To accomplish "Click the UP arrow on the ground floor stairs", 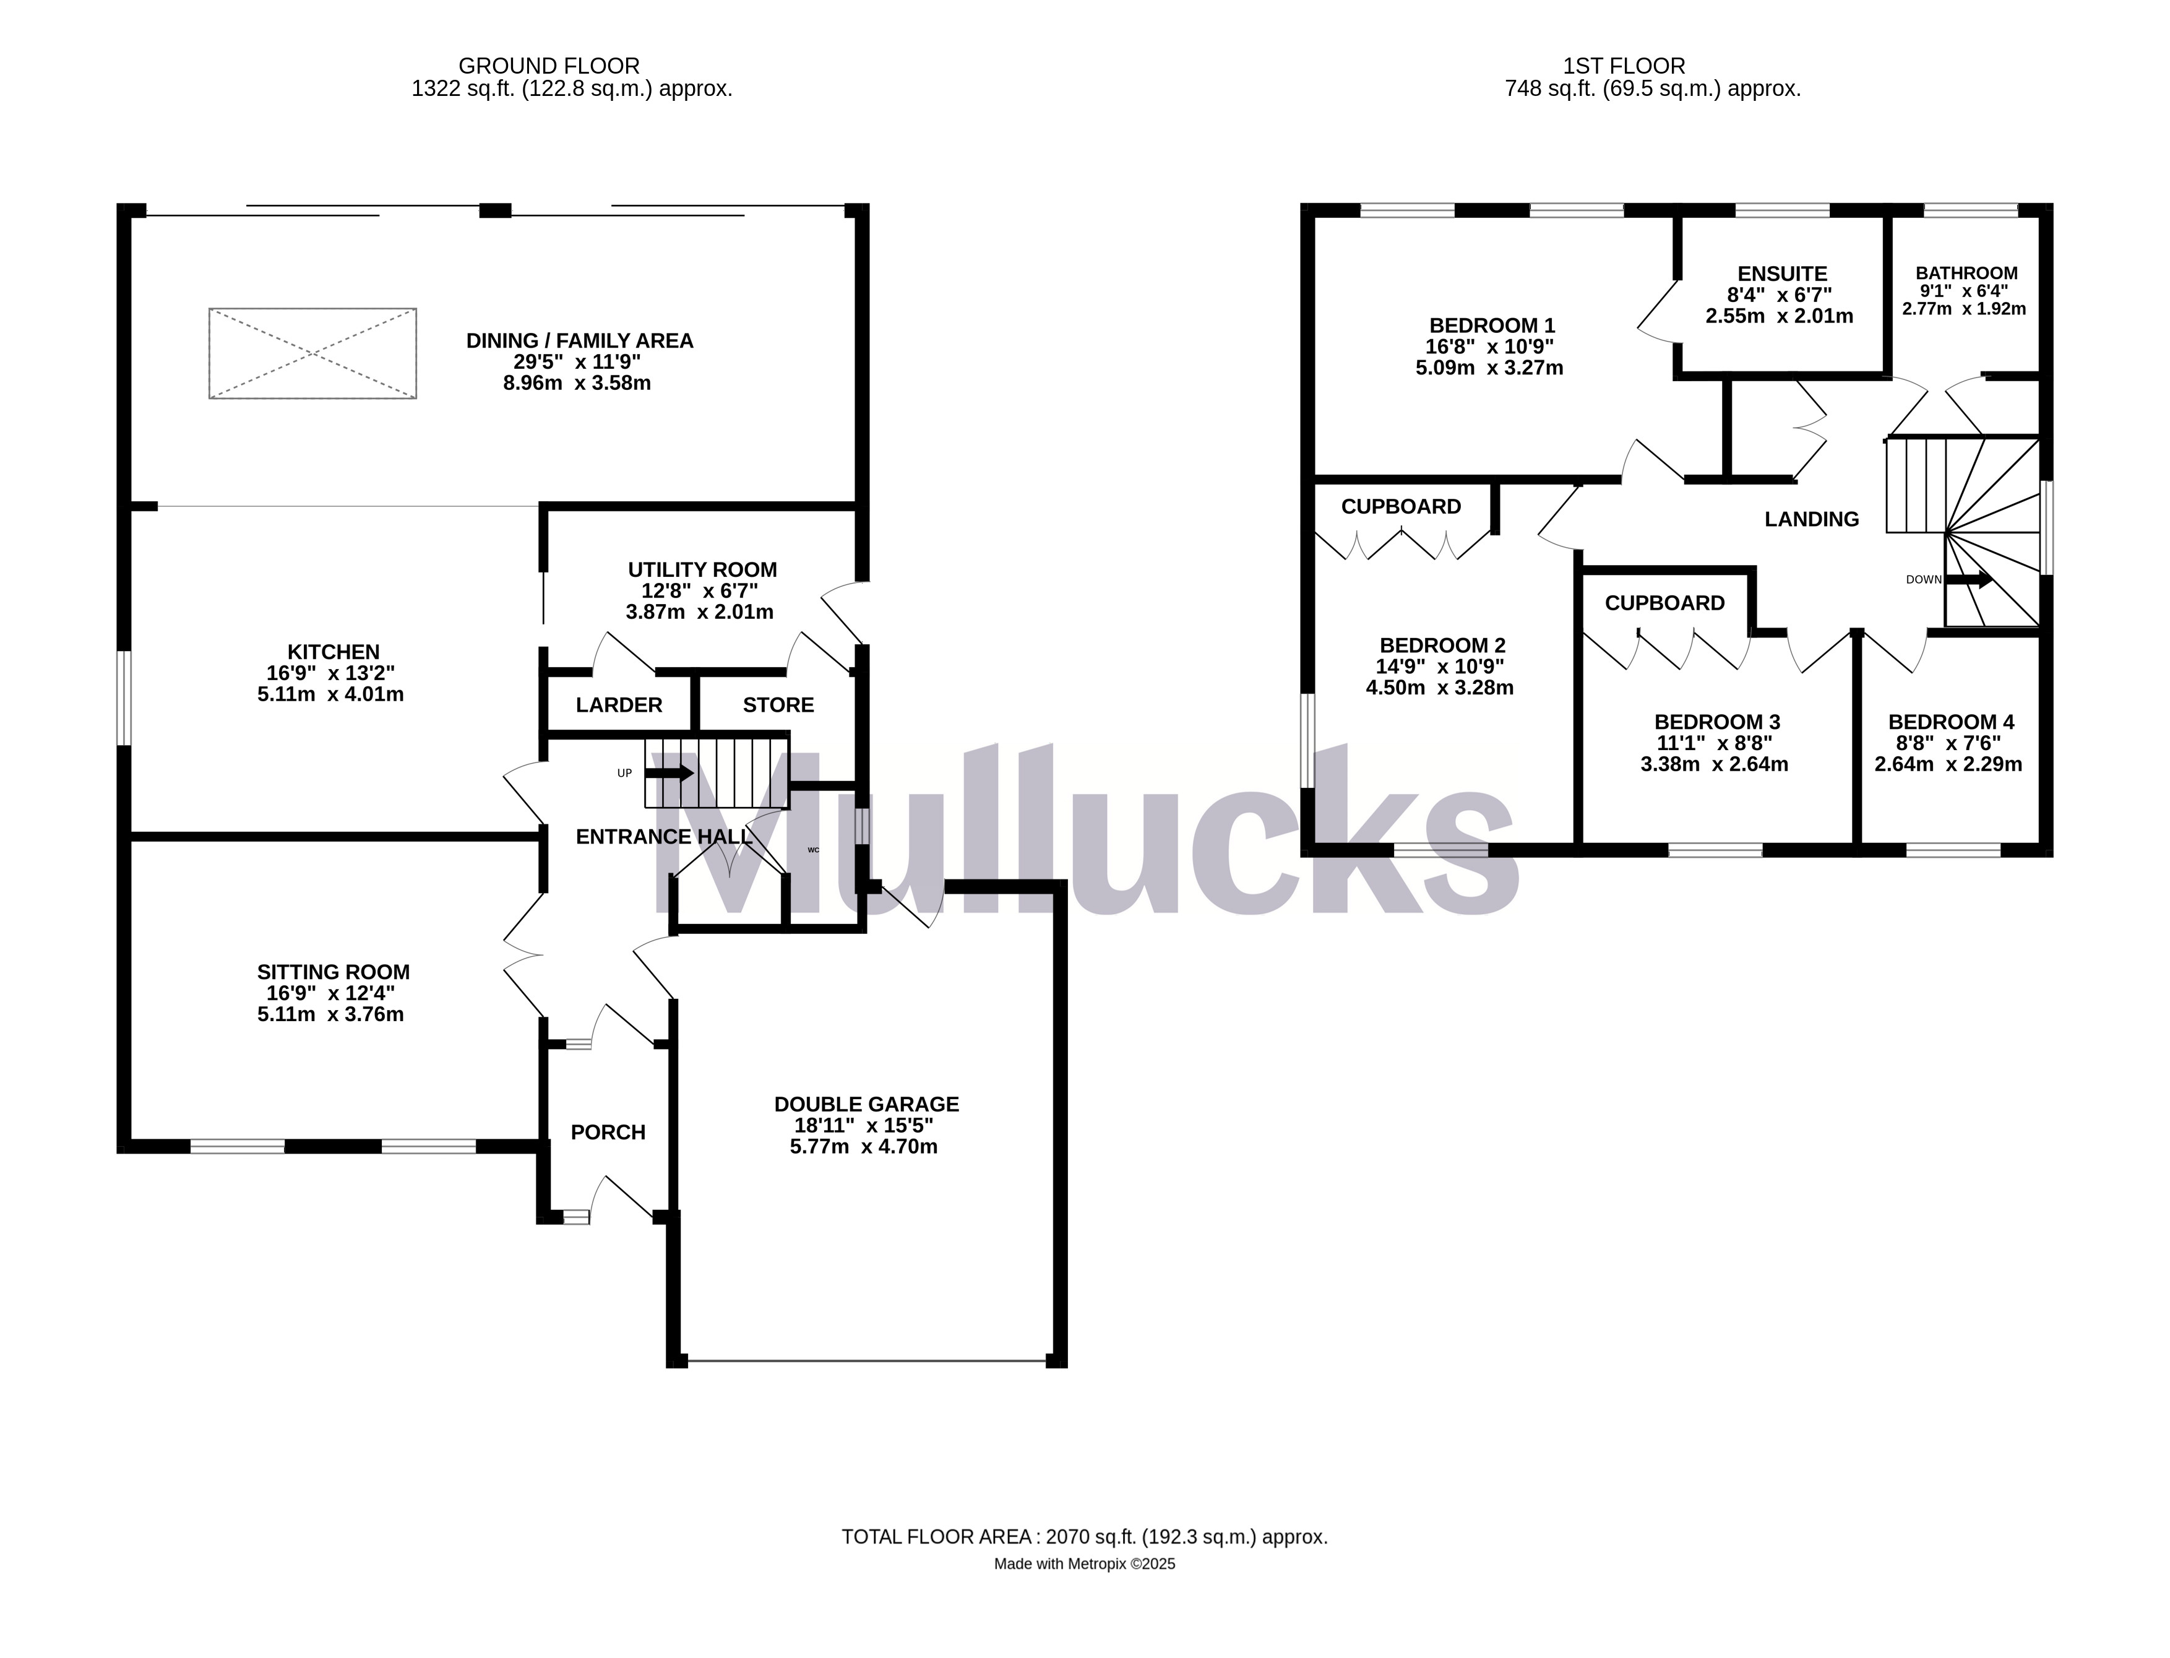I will (x=670, y=773).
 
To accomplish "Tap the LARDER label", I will (x=619, y=705).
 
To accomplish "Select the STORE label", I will (x=778, y=705).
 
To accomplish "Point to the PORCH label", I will (x=608, y=1132).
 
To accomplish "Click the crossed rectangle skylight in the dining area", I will (x=313, y=353).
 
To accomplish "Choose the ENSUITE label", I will (x=1782, y=274).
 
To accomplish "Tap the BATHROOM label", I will (x=1966, y=274).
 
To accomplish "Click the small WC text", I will (x=813, y=848).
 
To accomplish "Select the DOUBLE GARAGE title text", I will (x=866, y=1104).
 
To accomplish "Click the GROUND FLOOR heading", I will (x=549, y=66).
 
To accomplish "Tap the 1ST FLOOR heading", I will (x=1624, y=66).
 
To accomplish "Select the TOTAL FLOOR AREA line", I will (x=1083, y=1537).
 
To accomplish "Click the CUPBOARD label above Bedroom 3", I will (x=1664, y=603).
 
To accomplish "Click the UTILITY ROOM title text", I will (x=702, y=569).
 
